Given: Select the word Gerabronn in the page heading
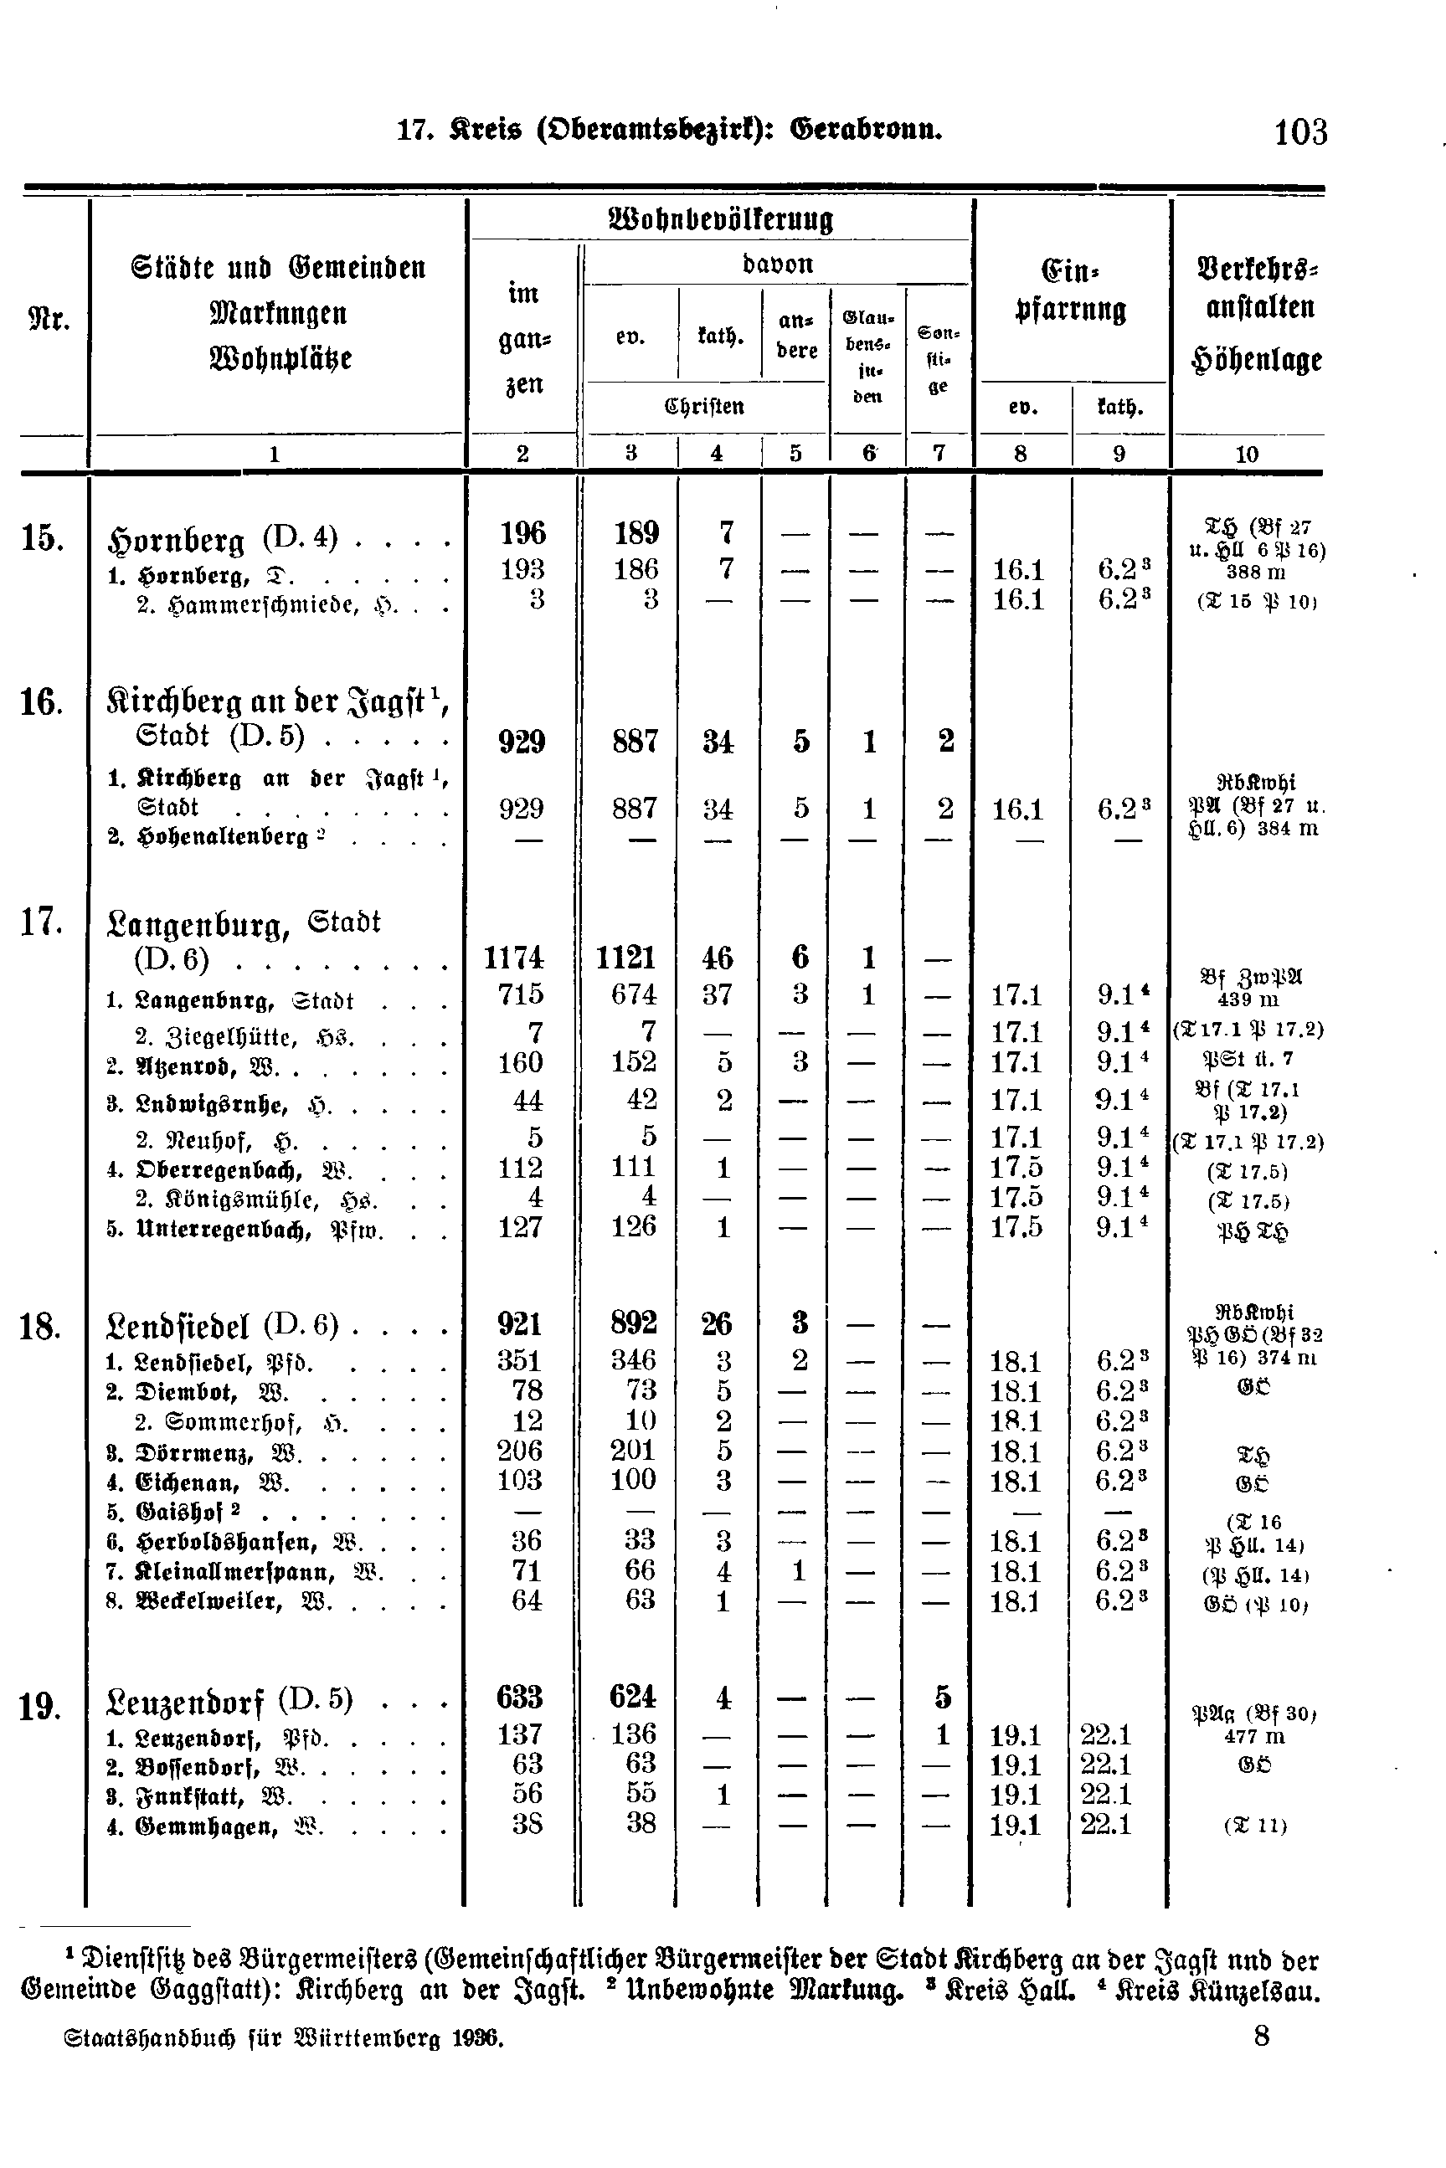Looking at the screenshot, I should click(866, 130).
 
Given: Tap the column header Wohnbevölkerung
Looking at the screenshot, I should click(721, 220).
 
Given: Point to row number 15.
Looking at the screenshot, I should click(42, 537).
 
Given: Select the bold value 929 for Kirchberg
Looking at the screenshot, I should click(522, 742).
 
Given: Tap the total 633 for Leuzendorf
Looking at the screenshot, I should click(519, 1697).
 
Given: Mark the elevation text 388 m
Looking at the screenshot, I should click(1254, 573).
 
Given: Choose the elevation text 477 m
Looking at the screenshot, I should click(1253, 1737).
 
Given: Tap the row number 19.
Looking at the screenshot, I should click(39, 1707).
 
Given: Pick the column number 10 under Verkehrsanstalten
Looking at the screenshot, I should click(1246, 454).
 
